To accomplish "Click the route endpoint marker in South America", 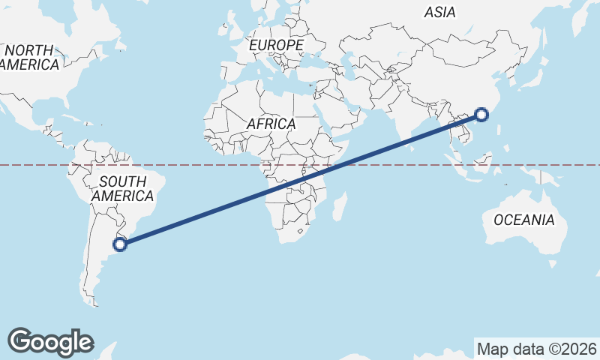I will point(118,243).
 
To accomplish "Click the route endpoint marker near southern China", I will point(481,115).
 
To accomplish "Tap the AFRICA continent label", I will point(271,124).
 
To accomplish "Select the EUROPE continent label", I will point(276,46).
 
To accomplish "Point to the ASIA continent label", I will point(439,12).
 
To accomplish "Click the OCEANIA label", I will point(524,220).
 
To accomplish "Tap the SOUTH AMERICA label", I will point(122,188).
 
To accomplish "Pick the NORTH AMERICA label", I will point(30,58).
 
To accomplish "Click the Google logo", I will point(50,341).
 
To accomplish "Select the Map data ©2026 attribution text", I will point(537,349).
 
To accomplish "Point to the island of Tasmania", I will point(553,263).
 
